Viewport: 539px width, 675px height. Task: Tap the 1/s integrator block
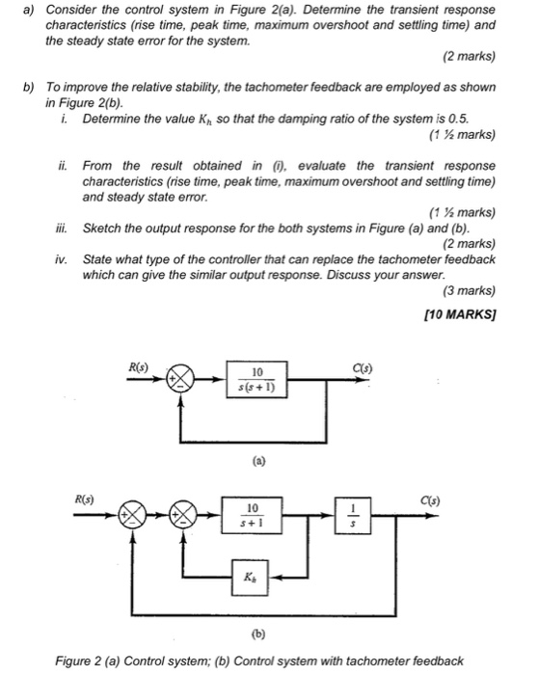click(x=352, y=513)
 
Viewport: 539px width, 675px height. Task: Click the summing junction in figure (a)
click(x=180, y=380)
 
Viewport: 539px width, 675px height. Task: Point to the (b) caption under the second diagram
click(x=257, y=635)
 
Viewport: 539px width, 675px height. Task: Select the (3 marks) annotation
click(x=467, y=290)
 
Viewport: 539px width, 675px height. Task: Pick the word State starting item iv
click(x=99, y=259)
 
